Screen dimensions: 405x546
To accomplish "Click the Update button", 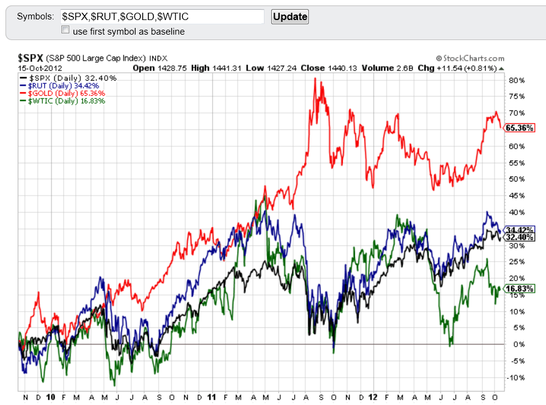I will point(289,16).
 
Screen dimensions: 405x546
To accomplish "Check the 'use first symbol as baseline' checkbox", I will point(65,30).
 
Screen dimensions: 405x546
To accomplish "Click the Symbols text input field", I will point(162,16).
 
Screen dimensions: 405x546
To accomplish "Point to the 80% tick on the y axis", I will point(516,80).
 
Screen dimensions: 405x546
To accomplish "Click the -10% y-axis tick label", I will point(516,377).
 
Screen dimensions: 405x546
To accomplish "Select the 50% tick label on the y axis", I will point(516,179).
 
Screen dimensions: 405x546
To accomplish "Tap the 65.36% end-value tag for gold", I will point(520,128).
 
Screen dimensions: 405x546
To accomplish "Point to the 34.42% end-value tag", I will point(520,230).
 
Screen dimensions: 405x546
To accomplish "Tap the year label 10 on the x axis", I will point(52,396).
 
